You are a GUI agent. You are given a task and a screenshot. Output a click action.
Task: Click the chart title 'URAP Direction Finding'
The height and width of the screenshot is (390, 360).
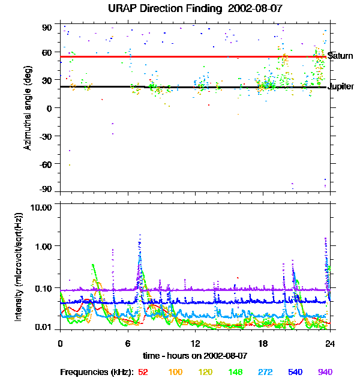(165, 9)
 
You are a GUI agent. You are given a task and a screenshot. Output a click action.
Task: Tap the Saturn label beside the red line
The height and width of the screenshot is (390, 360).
(340, 56)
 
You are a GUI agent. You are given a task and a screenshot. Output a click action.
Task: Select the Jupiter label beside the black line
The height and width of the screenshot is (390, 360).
(341, 86)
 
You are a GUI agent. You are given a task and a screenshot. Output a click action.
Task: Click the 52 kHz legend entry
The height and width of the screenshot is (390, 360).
(143, 372)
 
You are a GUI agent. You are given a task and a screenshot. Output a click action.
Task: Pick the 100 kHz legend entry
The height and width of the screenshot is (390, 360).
(175, 372)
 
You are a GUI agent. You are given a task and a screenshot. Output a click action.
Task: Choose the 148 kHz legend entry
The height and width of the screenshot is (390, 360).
(235, 372)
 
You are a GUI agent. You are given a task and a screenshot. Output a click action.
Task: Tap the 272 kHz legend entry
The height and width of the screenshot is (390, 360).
(265, 372)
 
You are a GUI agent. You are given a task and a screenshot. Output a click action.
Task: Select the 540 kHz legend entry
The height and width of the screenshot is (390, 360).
(295, 372)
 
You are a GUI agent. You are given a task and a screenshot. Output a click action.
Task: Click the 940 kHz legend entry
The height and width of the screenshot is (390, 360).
(325, 372)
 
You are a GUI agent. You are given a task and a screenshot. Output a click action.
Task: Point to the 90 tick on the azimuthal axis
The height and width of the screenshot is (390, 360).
(47, 28)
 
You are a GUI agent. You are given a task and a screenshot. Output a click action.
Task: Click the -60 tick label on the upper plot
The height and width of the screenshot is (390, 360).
(46, 164)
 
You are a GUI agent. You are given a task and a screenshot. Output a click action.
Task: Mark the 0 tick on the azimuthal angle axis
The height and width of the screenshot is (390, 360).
(49, 109)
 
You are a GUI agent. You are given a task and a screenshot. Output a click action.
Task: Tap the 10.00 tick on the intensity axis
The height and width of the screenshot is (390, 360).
(41, 208)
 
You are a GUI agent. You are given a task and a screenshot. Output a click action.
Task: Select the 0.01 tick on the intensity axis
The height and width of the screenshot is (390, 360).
(43, 327)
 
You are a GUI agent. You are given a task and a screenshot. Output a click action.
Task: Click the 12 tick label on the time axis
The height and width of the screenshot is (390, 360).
(196, 344)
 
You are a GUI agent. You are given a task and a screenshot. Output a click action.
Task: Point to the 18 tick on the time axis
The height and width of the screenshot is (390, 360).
(263, 344)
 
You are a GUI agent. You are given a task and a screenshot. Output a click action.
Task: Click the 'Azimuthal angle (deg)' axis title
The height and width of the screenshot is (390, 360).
(28, 108)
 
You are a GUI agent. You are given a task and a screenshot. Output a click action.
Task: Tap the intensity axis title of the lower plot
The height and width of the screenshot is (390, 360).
(19, 267)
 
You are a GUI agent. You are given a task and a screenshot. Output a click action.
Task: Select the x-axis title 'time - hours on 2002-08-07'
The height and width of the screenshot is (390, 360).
(195, 356)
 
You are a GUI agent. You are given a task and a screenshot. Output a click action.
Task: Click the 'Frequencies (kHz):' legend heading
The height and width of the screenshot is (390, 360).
(97, 373)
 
